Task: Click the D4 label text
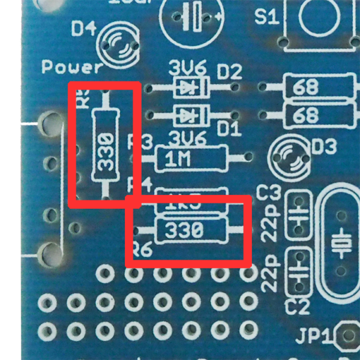83,29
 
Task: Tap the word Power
72,67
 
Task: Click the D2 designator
229,72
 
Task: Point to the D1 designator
229,127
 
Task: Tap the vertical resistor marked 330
106,144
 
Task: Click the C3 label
268,193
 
